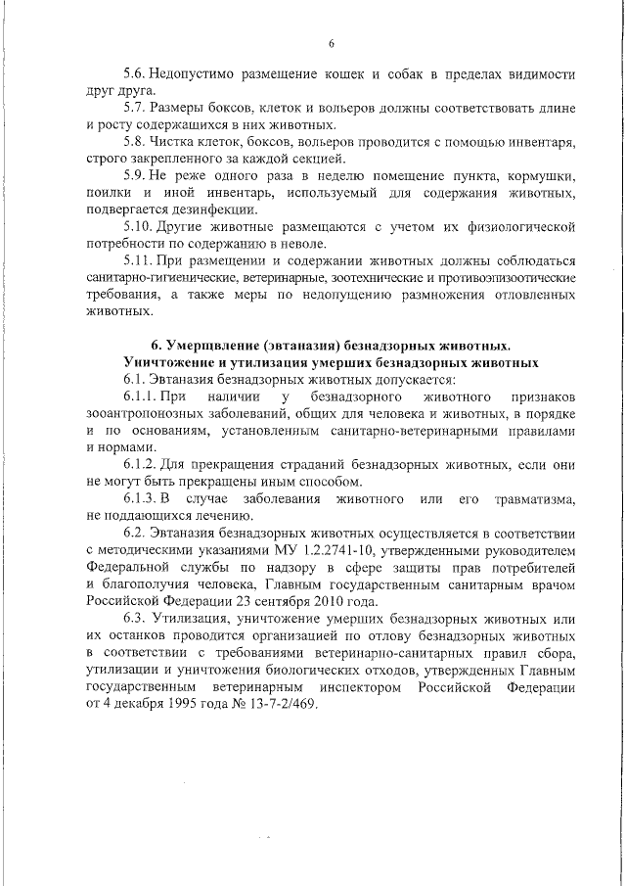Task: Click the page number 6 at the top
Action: click(331, 43)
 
